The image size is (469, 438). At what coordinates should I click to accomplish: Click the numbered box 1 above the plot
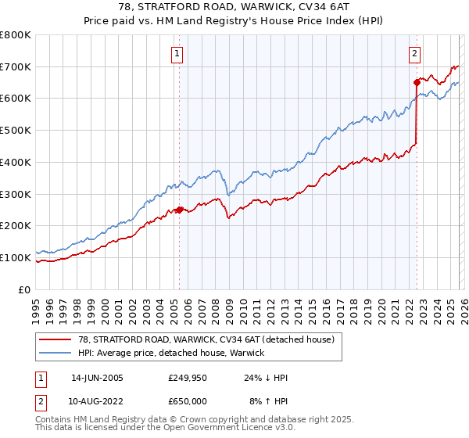coord(178,54)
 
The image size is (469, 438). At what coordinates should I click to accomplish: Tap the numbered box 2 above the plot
coord(414,54)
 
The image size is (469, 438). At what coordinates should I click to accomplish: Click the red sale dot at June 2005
coord(179,210)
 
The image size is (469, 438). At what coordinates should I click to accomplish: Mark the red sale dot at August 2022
coord(417,81)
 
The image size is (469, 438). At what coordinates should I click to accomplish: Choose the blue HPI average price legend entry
coord(171,353)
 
